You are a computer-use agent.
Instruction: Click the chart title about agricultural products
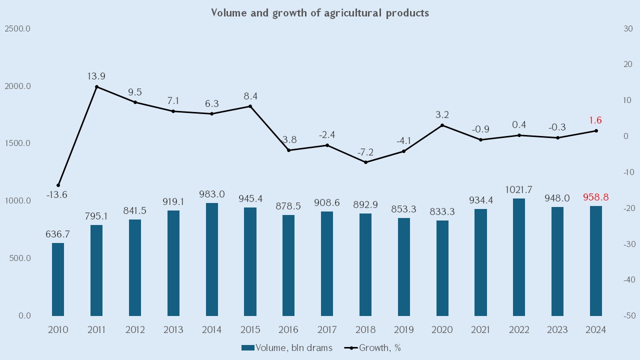click(319, 13)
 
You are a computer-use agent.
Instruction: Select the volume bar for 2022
click(519, 257)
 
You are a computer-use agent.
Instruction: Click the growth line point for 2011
click(96, 86)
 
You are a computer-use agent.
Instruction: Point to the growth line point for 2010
click(58, 185)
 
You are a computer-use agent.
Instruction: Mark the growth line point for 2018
click(365, 162)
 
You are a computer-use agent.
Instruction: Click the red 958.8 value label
click(595, 197)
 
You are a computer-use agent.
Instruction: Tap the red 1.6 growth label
click(595, 120)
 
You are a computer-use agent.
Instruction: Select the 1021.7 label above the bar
click(519, 189)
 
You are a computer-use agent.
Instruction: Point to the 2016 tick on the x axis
click(288, 330)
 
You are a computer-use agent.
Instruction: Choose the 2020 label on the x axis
click(442, 330)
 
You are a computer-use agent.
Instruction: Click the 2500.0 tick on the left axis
click(18, 28)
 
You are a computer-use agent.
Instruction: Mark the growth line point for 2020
click(442, 125)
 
